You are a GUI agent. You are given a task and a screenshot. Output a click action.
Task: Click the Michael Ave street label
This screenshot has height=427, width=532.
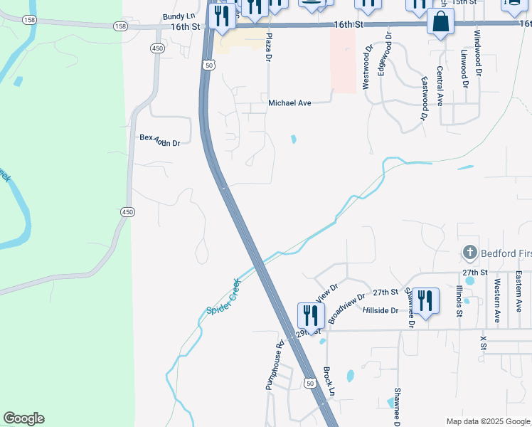289,103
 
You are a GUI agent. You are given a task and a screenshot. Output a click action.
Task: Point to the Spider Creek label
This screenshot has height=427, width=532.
225,297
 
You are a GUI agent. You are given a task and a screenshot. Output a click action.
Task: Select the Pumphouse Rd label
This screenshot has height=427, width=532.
275,364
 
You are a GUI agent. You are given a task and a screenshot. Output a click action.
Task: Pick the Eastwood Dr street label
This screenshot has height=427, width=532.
425,97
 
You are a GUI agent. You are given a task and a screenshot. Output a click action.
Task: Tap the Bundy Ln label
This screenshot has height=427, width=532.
179,16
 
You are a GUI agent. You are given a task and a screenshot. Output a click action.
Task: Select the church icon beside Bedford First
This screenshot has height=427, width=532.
469,253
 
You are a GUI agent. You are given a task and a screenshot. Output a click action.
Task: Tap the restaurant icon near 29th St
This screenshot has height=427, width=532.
311,315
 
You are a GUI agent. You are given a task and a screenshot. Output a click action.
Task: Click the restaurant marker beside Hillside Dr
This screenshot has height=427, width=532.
425,300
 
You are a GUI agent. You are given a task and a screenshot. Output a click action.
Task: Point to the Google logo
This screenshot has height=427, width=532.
23,418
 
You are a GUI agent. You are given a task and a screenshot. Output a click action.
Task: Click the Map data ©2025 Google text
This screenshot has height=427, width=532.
487,421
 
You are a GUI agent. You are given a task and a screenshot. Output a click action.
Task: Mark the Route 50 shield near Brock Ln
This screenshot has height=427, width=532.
310,383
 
